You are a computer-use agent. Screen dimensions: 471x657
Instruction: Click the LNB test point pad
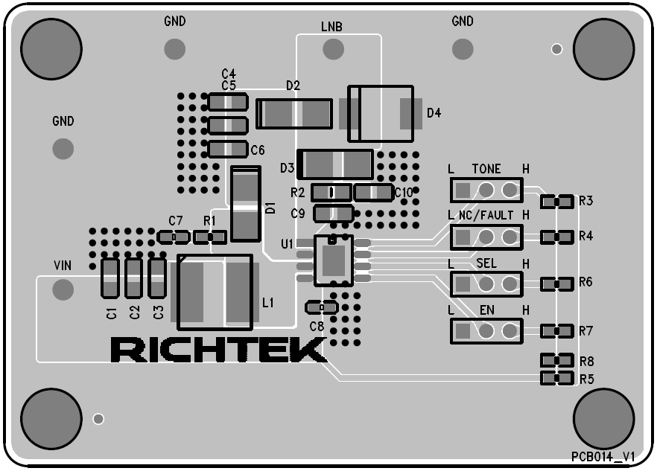point(332,49)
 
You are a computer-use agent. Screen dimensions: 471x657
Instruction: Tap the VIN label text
point(63,266)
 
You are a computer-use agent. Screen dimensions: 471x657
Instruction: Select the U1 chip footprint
point(333,260)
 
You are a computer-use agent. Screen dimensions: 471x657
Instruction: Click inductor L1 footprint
point(215,292)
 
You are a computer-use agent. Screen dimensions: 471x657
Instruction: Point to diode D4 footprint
point(380,113)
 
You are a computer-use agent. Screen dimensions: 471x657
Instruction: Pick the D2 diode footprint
point(294,114)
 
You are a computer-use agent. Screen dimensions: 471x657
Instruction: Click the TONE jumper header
point(486,190)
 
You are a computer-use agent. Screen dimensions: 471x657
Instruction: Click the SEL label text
point(486,263)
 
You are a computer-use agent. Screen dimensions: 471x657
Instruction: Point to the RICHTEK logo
point(218,350)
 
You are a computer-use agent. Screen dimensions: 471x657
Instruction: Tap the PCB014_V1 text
point(603,456)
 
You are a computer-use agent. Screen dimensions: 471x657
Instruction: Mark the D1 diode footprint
point(246,204)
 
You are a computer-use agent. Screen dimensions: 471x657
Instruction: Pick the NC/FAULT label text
point(486,215)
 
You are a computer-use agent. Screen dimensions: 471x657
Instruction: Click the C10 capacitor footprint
point(373,193)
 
